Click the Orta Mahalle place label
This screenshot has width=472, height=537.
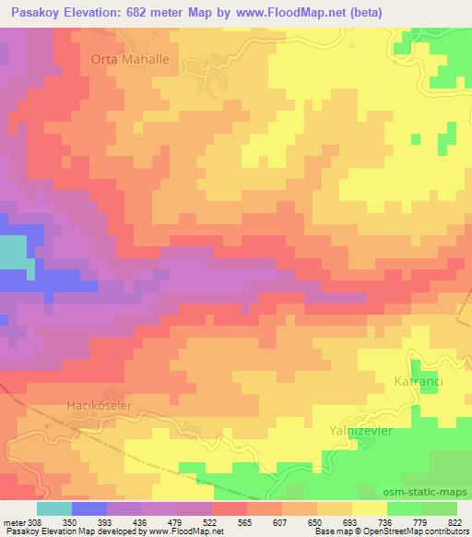click(x=129, y=59)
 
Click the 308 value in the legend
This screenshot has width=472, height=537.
click(x=35, y=521)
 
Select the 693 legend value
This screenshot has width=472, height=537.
click(x=351, y=521)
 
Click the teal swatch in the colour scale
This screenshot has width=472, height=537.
click(x=53, y=508)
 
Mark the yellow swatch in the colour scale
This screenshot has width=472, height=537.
click(x=369, y=508)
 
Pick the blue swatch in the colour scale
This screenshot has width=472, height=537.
click(x=88, y=508)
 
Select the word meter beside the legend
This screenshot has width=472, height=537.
click(x=15, y=521)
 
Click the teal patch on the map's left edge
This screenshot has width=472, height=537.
click(x=12, y=253)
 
